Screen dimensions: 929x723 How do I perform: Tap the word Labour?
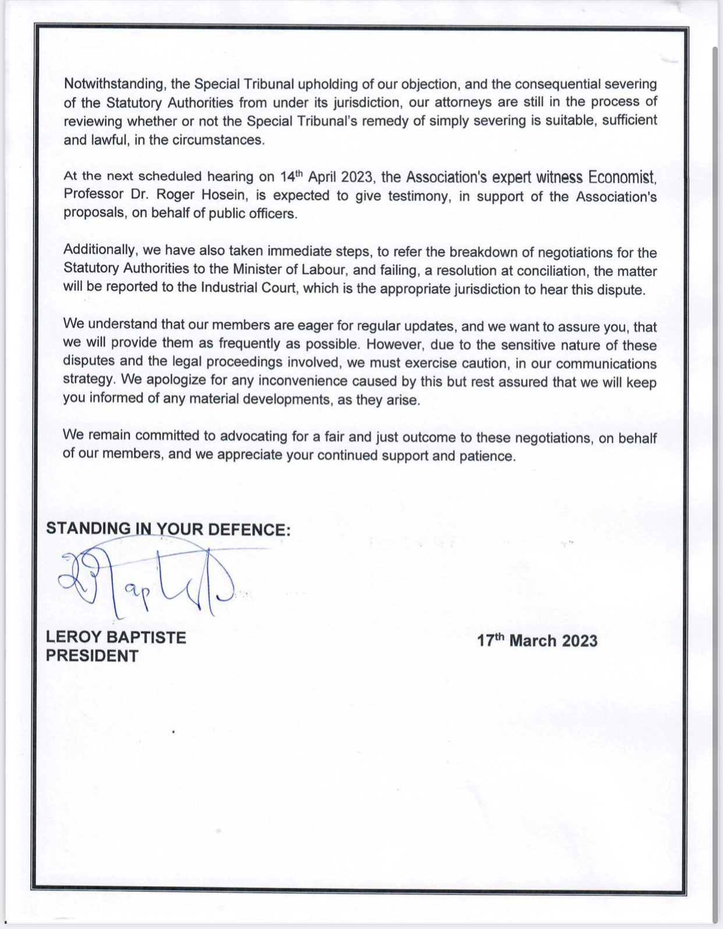point(323,270)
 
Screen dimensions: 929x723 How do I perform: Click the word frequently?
point(249,344)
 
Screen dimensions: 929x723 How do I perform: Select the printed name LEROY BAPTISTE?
point(116,637)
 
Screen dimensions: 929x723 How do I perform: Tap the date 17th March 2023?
point(537,641)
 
